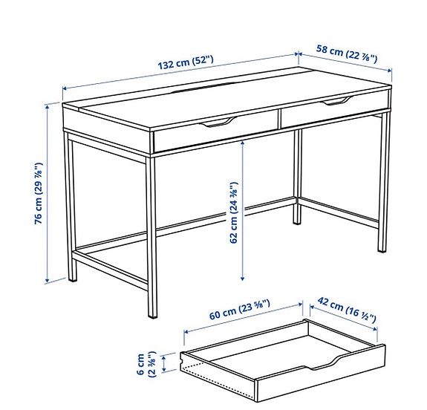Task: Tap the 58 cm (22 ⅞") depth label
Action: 346,53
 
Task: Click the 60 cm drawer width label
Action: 238,314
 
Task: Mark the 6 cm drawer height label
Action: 149,362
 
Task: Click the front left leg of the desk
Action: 71,208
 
